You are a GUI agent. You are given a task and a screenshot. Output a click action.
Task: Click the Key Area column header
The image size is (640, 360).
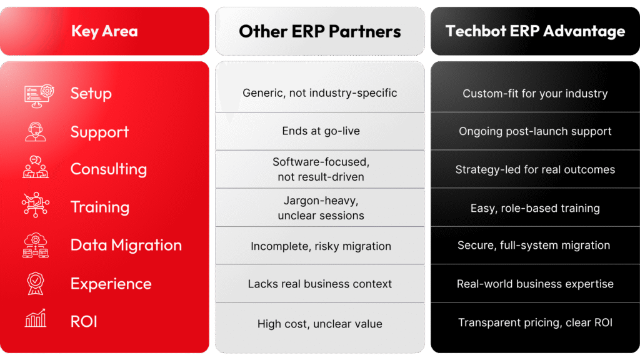tap(104, 31)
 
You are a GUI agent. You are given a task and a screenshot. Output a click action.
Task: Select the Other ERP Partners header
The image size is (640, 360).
tap(320, 31)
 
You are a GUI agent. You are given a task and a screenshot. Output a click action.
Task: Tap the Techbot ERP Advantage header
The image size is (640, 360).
tap(535, 31)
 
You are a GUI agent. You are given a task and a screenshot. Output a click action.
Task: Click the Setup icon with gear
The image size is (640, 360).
tap(39, 96)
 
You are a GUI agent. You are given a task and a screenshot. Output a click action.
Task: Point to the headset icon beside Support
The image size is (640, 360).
tap(36, 132)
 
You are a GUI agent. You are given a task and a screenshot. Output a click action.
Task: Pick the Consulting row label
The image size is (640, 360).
tap(109, 169)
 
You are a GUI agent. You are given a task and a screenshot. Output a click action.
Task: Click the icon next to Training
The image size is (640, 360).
tap(36, 204)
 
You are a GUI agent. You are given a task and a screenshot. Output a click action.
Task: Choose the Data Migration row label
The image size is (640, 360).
tap(126, 245)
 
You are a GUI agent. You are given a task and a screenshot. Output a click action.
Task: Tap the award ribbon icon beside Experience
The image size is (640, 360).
tap(36, 283)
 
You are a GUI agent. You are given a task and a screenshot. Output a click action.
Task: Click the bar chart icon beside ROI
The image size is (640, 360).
tap(36, 318)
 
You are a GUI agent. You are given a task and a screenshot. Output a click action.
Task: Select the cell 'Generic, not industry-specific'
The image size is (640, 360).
tap(320, 93)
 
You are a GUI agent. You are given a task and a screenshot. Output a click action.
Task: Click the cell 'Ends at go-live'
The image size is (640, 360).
tap(321, 131)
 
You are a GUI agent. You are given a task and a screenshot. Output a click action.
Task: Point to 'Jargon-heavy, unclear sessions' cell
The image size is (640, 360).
tap(321, 207)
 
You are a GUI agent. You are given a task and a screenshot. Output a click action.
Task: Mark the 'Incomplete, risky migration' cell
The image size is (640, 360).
tap(321, 246)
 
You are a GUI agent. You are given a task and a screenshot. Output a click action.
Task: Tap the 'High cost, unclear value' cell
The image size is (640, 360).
tap(320, 324)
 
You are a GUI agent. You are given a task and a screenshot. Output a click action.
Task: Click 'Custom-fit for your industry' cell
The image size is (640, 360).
tap(535, 94)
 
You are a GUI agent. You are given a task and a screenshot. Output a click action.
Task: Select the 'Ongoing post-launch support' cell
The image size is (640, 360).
tap(535, 131)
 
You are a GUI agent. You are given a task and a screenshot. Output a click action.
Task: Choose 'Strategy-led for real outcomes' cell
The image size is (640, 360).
tap(535, 169)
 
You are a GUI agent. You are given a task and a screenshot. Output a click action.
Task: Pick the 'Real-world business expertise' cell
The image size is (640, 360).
tap(535, 284)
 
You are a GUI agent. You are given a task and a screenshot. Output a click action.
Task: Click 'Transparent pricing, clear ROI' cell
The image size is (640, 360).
tap(535, 322)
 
